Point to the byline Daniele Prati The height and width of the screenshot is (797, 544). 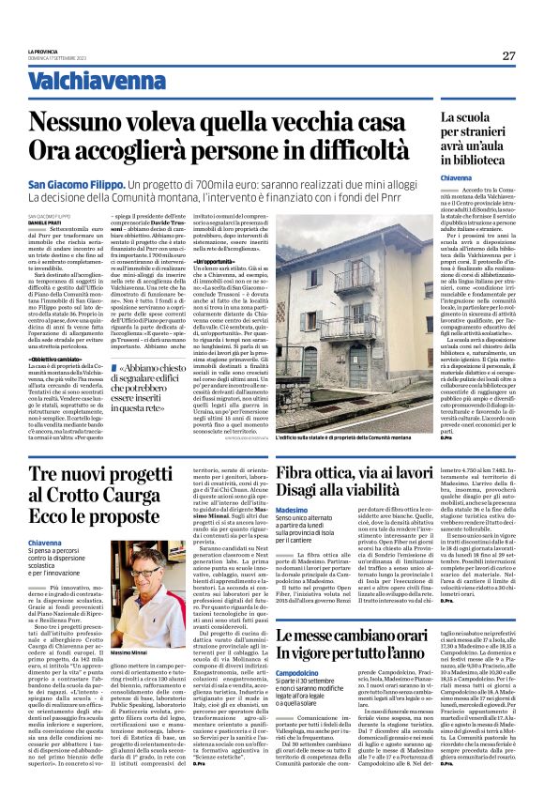(x=43, y=221)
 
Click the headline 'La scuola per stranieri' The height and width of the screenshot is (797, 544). (x=476, y=135)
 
